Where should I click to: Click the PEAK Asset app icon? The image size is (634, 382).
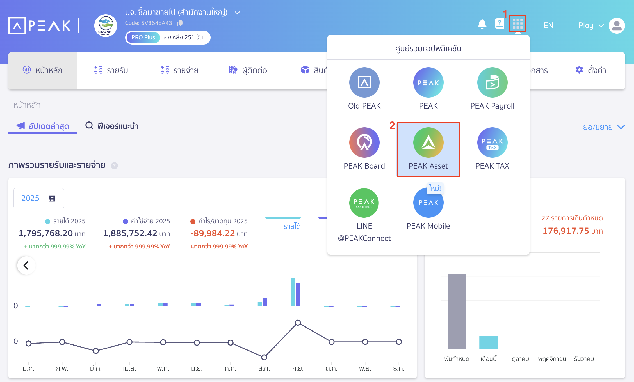click(x=428, y=142)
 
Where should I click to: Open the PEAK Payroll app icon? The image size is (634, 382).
click(x=492, y=82)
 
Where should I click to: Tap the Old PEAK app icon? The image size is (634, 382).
click(x=364, y=82)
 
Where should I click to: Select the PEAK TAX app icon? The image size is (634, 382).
click(x=492, y=142)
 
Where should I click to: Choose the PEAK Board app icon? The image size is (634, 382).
click(x=364, y=142)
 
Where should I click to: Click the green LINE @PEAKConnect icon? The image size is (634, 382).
click(x=364, y=203)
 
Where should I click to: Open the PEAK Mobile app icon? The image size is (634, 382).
click(x=428, y=203)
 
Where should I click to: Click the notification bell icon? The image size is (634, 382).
click(x=482, y=25)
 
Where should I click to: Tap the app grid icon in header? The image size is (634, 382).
click(x=517, y=24)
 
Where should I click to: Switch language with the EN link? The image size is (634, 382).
click(x=548, y=26)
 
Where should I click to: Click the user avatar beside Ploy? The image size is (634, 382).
click(x=617, y=26)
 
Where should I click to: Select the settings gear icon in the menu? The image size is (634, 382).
click(x=579, y=70)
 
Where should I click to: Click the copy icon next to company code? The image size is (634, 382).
click(x=180, y=23)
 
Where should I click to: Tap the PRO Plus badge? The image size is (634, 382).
click(x=143, y=37)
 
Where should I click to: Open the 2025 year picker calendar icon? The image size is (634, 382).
click(x=52, y=198)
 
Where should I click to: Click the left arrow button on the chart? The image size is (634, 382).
click(x=26, y=265)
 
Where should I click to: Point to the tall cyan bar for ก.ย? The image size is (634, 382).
click(x=293, y=292)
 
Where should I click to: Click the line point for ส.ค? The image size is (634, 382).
click(x=264, y=357)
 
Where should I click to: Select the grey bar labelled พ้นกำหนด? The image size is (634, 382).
click(x=457, y=311)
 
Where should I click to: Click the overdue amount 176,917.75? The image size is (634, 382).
click(x=565, y=231)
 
